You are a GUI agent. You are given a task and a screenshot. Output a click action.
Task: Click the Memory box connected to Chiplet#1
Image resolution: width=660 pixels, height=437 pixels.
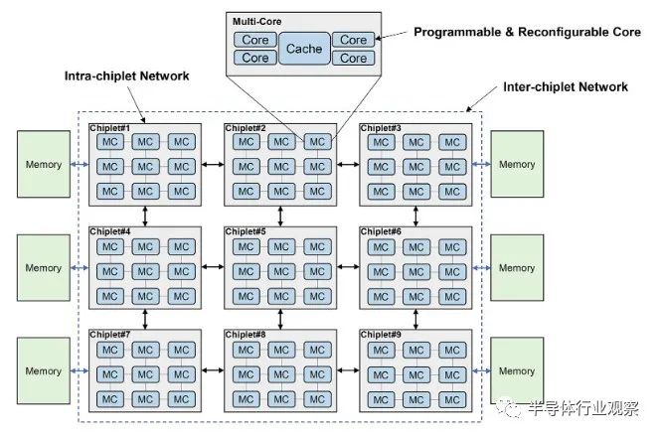pos(44,165)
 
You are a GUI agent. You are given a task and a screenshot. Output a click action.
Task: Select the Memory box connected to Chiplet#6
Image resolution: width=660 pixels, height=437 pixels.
pos(517,268)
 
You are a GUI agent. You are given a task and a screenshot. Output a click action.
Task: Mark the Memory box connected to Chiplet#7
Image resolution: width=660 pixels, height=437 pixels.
pos(44,370)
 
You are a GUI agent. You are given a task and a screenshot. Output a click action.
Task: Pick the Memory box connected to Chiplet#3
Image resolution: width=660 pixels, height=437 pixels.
pos(517,165)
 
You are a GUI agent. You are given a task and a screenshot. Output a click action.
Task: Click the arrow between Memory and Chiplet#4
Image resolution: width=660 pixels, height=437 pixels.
pos(79,268)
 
